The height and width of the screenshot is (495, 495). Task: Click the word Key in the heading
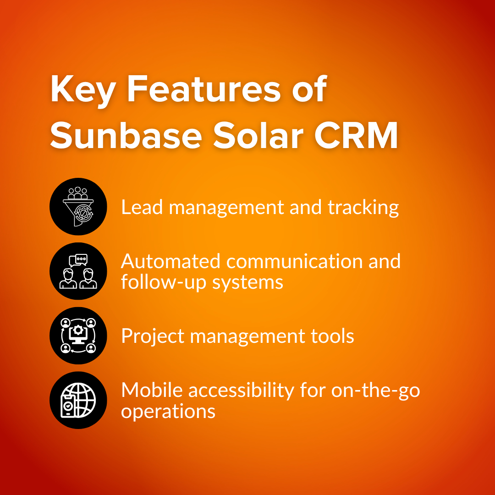click(x=82, y=90)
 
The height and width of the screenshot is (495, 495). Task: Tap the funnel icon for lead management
click(x=78, y=207)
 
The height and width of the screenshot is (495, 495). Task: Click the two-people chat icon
click(x=78, y=271)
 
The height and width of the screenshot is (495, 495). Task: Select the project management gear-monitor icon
click(x=78, y=336)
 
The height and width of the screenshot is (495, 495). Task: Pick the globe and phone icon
click(x=78, y=400)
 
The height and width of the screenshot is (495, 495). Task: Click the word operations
click(x=168, y=412)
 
